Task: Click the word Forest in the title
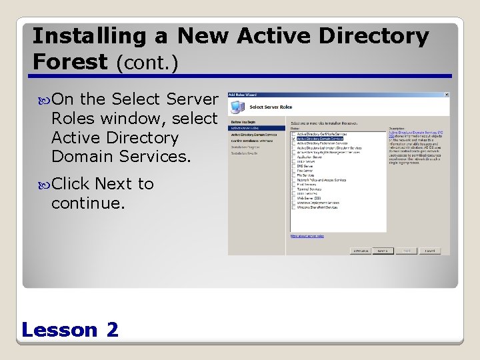click(70, 62)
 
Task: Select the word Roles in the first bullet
click(75, 119)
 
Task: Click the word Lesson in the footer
click(59, 329)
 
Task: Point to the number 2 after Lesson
click(112, 329)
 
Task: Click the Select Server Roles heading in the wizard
click(271, 107)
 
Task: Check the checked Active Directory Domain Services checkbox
click(293, 139)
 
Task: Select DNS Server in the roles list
click(305, 166)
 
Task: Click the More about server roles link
click(307, 236)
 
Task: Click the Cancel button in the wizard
click(430, 251)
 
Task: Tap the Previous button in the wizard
click(361, 251)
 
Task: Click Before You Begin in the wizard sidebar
click(243, 123)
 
